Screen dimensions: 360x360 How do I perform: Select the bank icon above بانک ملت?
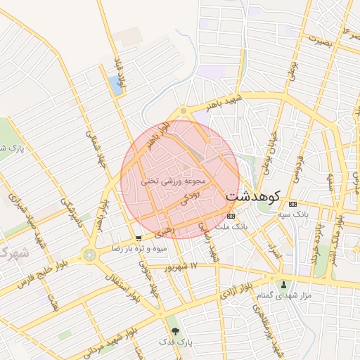tap(231, 216)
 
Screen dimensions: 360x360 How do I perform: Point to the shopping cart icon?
tap(139, 238)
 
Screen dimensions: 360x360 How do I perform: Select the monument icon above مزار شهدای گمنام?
tap(284, 285)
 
